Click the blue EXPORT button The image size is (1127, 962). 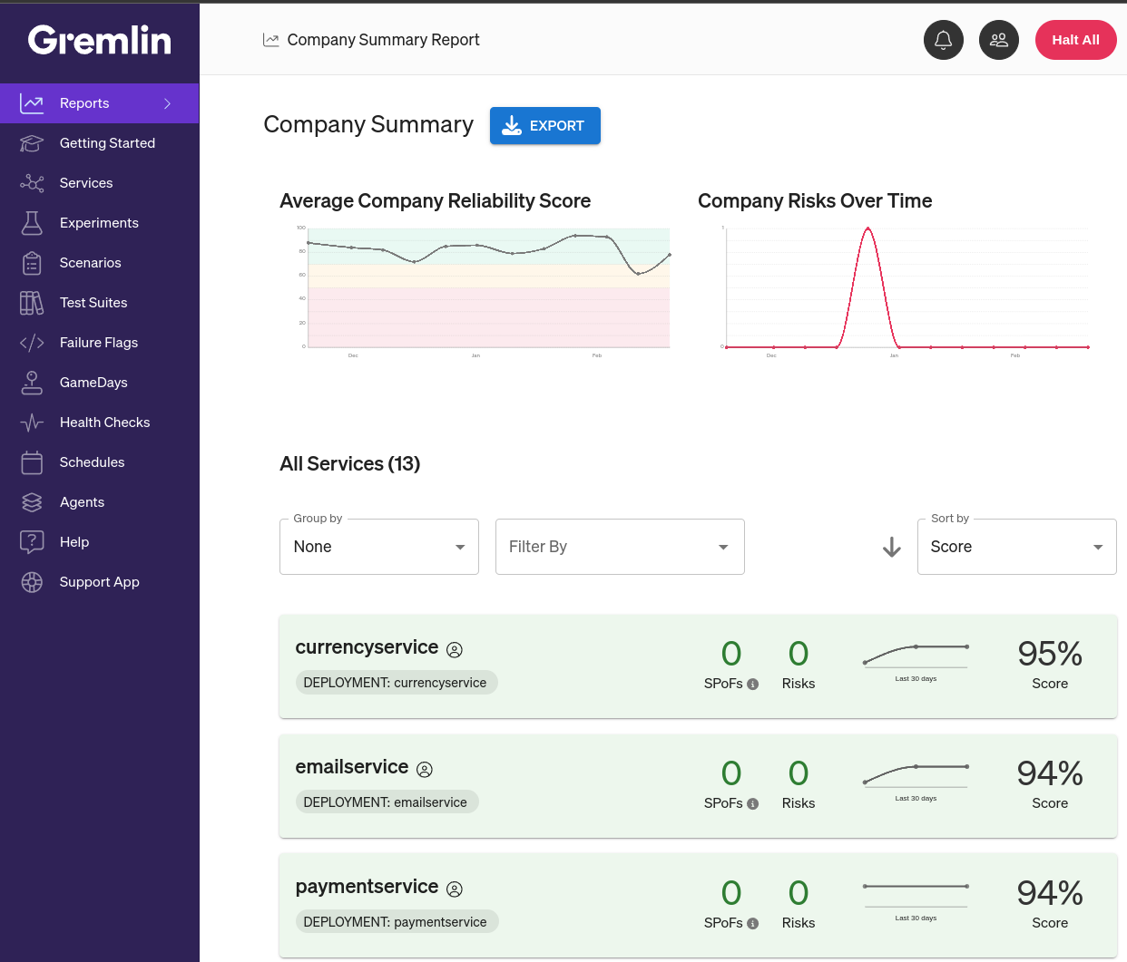point(544,126)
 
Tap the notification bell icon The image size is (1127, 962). point(944,40)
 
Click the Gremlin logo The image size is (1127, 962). point(99,40)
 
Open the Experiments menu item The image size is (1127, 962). point(99,223)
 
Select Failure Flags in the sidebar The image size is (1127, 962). point(98,343)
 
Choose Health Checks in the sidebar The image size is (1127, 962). point(104,423)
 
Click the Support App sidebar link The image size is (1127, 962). point(99,582)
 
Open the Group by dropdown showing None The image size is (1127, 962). point(378,547)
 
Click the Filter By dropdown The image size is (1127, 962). point(620,547)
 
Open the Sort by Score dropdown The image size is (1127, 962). point(1016,547)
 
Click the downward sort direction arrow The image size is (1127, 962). point(892,547)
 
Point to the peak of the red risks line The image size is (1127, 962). point(868,228)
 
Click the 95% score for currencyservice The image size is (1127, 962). point(1050,654)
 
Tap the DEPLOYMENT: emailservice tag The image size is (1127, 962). point(386,802)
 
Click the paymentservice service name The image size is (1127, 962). point(367,887)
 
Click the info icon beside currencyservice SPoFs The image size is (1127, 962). point(752,685)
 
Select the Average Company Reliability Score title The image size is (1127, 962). point(435,201)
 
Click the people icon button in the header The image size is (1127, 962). point(999,40)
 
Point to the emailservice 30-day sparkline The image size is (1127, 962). point(916,773)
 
